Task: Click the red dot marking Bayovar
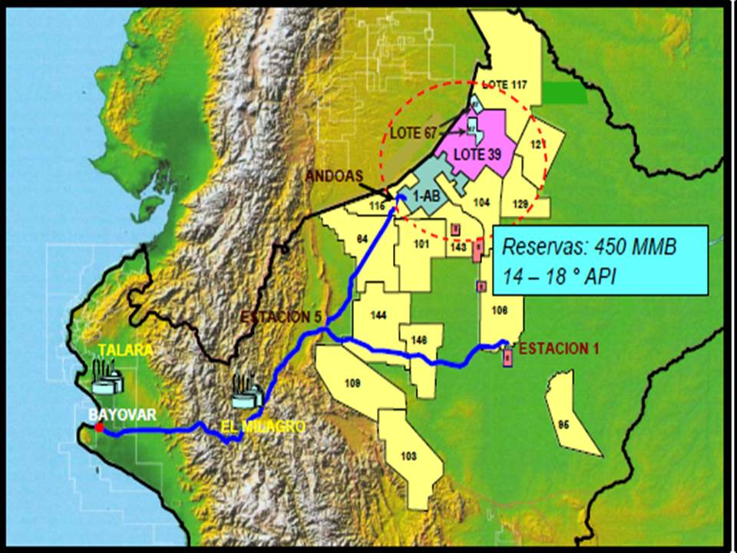(99, 426)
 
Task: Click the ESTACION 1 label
(558, 349)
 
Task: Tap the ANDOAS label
(334, 176)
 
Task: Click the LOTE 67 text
(414, 133)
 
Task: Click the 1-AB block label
(426, 197)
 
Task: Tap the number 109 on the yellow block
(353, 382)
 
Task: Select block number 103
(408, 456)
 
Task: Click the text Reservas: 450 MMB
(590, 247)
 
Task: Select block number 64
(362, 239)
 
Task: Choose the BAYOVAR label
(123, 415)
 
